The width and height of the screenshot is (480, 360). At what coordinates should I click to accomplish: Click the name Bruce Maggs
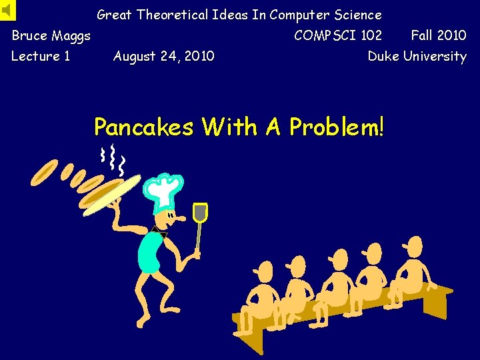[x=51, y=35]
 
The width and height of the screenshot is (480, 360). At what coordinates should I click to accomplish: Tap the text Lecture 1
[x=41, y=56]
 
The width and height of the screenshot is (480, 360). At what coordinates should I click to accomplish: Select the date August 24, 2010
[x=163, y=56]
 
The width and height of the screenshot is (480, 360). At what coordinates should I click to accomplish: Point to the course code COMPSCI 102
[x=338, y=35]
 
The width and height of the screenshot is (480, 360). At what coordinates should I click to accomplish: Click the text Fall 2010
[x=438, y=35]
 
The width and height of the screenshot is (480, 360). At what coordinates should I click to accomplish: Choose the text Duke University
[x=417, y=56]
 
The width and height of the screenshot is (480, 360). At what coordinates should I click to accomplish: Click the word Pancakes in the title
[x=143, y=127]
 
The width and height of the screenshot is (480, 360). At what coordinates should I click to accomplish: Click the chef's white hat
[x=163, y=190]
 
